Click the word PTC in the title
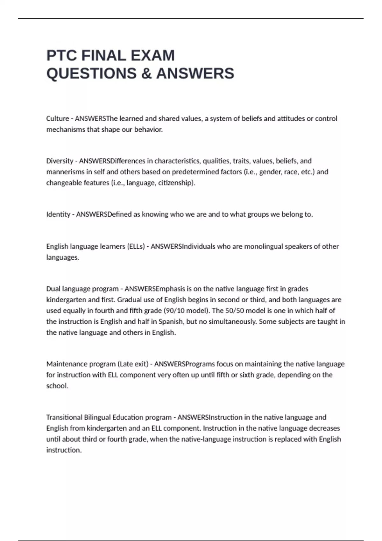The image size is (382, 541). (x=61, y=56)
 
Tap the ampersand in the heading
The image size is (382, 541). (x=146, y=74)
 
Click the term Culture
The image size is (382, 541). (x=58, y=119)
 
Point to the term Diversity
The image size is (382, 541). (x=60, y=161)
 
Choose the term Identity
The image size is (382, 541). (x=58, y=214)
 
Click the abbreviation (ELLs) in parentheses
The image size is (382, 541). (x=136, y=246)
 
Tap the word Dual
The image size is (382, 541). (x=53, y=289)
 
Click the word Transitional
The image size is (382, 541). (x=64, y=417)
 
